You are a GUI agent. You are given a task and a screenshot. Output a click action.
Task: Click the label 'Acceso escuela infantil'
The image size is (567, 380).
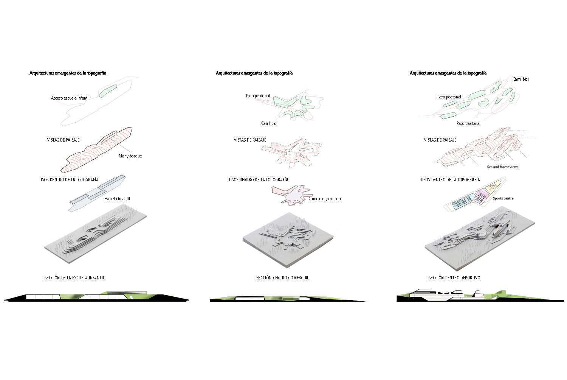point(70,98)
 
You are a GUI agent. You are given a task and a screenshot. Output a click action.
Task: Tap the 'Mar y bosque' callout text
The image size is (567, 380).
point(130,156)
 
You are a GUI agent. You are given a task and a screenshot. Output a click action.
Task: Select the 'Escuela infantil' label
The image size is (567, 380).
point(117,199)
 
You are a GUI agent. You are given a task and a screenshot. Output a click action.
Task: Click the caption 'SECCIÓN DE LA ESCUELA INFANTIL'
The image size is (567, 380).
point(75,277)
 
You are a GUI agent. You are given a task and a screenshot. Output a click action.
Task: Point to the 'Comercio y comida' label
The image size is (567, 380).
point(324,199)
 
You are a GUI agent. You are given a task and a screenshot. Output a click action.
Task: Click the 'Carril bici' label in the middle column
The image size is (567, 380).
point(269,123)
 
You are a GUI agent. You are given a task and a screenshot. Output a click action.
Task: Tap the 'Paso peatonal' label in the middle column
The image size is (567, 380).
point(258,96)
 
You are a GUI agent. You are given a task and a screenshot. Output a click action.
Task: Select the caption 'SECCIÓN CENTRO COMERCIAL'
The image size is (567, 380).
point(282,277)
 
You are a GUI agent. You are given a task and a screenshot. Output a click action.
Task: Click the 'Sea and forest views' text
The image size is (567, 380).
point(502,167)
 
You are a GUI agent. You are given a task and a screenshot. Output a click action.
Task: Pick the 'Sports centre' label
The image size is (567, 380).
point(503,198)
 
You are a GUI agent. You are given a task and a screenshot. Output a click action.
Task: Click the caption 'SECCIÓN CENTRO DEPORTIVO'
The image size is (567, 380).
point(454,277)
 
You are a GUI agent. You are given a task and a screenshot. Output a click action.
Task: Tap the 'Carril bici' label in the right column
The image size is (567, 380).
point(521,79)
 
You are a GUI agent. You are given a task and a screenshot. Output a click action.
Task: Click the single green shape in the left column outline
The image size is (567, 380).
point(108,91)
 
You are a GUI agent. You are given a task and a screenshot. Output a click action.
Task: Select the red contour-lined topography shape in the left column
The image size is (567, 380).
point(96,150)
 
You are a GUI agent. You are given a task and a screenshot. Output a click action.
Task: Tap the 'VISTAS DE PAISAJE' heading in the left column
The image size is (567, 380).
point(63,140)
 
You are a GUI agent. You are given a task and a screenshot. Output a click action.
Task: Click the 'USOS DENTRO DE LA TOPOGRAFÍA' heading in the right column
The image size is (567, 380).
point(450,180)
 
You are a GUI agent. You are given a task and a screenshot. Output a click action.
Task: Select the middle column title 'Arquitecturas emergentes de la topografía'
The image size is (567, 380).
point(254,73)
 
